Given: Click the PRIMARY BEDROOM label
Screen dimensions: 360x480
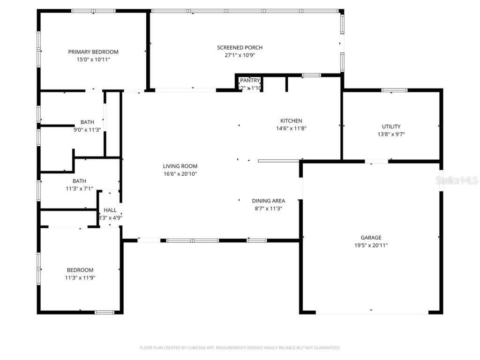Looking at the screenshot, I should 93,52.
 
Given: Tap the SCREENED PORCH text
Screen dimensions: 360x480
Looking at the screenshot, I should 240,47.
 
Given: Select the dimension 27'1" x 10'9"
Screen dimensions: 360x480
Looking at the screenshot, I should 240,55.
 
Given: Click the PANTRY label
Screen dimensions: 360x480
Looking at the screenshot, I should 250,81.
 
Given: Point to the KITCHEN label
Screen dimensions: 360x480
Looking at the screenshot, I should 291,120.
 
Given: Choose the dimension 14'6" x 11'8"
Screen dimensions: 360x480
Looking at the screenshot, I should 291,128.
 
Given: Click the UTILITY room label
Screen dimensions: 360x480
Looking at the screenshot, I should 391,127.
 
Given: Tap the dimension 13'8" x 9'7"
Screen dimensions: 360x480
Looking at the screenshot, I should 391,134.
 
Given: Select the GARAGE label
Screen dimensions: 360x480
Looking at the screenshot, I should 371,238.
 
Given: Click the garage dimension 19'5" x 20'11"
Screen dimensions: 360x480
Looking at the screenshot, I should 371,245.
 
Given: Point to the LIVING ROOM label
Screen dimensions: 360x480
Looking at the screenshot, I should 180,166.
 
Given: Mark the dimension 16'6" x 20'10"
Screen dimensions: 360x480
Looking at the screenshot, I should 180,174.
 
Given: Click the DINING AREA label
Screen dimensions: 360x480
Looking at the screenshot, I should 268,201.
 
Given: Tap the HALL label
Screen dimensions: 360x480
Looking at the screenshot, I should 110,210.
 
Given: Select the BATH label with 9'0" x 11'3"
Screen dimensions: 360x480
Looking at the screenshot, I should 87,122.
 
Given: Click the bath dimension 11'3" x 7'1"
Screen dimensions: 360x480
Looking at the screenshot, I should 79,188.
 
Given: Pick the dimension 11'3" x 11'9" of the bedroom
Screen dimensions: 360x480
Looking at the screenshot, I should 80,277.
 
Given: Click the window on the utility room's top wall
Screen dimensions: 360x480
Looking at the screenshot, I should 394,90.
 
